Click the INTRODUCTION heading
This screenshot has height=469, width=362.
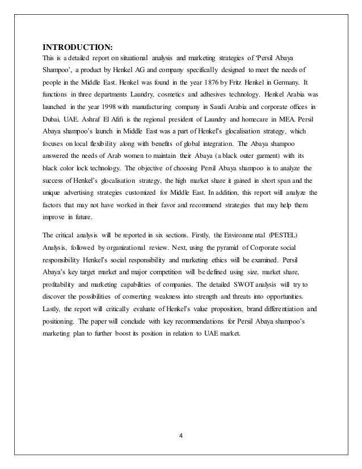[74, 47]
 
